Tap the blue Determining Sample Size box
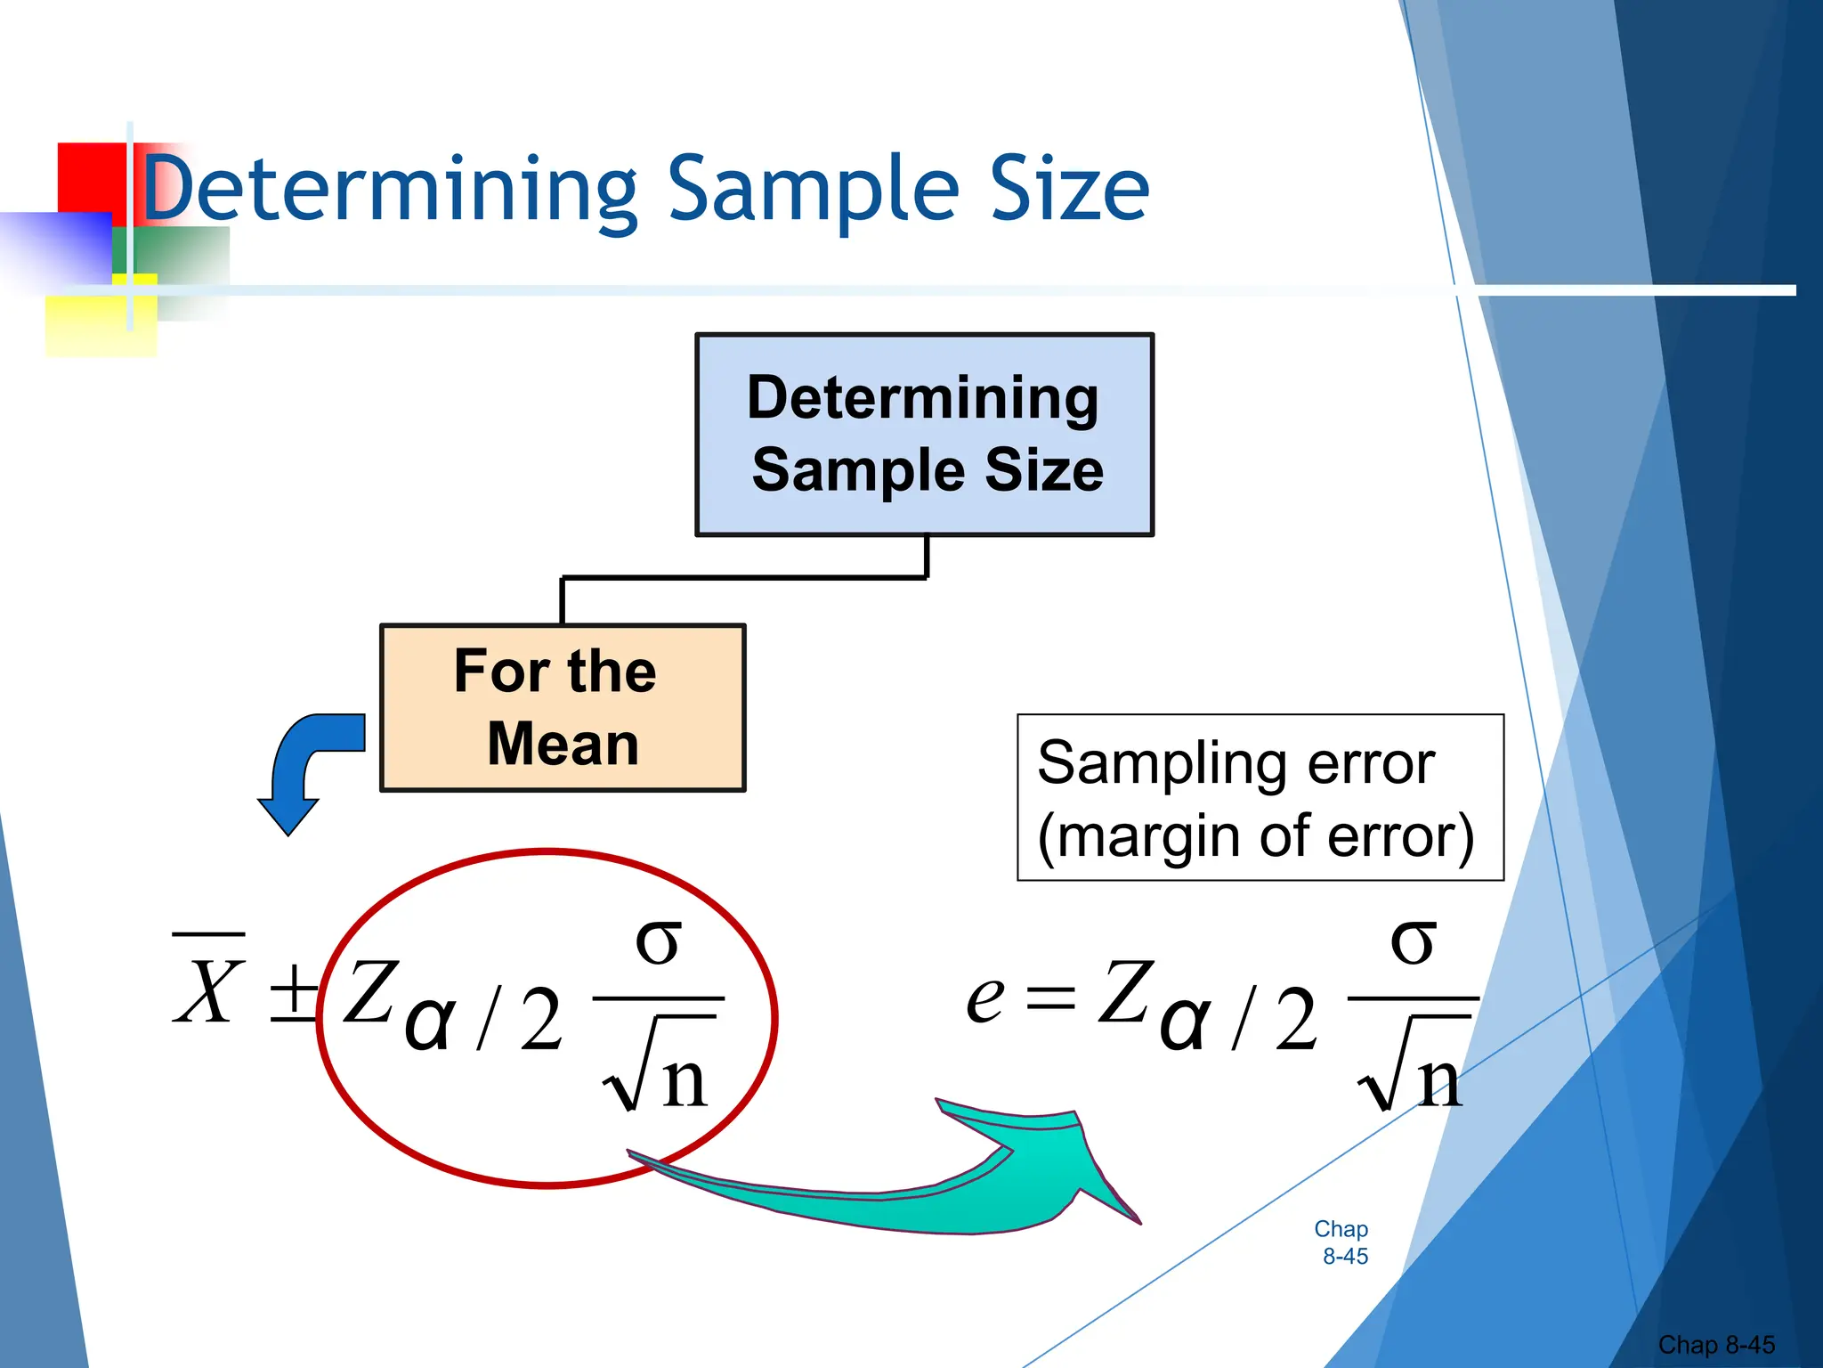pyautogui.click(x=924, y=435)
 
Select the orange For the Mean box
pyautogui.click(x=563, y=707)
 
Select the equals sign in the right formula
pyautogui.click(x=1050, y=997)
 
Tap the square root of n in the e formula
pyautogui.click(x=1412, y=1069)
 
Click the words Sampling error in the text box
pyautogui.click(x=1236, y=763)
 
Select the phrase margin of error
pyautogui.click(x=1255, y=836)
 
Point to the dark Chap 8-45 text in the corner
pyautogui.click(x=1715, y=1345)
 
